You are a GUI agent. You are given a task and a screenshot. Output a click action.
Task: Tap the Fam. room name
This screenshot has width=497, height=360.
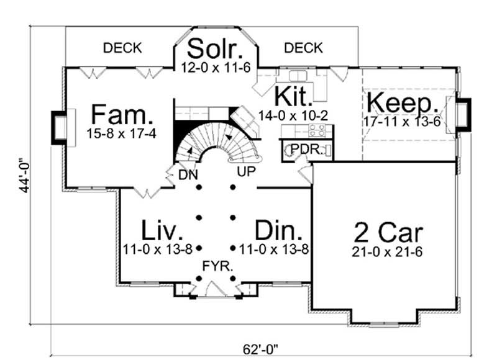[x=122, y=115]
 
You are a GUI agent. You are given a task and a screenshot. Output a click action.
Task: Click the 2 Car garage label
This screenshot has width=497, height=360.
[x=388, y=233]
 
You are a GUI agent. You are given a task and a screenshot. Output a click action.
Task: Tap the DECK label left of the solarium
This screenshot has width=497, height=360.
[x=122, y=47]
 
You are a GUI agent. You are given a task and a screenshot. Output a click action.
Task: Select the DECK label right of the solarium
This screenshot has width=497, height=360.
[x=304, y=47]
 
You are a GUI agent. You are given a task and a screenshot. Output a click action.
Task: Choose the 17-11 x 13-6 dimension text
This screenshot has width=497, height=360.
[x=403, y=121]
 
